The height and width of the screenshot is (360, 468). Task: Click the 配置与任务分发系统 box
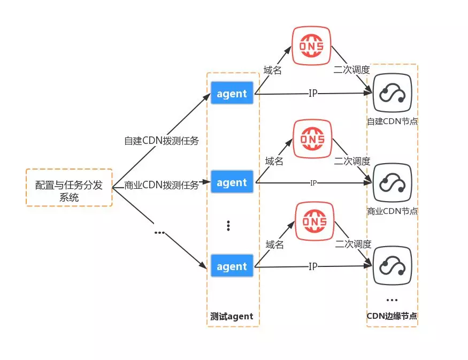(x=69, y=187)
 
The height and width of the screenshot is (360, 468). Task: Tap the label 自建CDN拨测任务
(x=162, y=141)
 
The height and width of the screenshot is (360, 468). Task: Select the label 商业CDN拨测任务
(x=162, y=185)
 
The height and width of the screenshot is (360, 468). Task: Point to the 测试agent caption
(x=232, y=316)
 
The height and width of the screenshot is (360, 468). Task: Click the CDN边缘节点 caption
(x=392, y=316)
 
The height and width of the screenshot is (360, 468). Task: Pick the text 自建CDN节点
(x=392, y=121)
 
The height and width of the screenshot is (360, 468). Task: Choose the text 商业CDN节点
(x=392, y=211)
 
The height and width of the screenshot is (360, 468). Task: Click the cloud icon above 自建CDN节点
(x=392, y=94)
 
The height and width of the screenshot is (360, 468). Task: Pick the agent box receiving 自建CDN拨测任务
(x=232, y=94)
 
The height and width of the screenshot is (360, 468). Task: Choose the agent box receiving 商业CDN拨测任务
(x=232, y=182)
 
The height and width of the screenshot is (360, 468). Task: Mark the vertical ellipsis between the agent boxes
(x=228, y=226)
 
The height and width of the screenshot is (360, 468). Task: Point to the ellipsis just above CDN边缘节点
(x=392, y=300)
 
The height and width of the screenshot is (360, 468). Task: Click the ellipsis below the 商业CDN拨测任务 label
(x=159, y=233)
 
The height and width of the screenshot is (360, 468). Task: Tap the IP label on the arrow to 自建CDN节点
(x=313, y=94)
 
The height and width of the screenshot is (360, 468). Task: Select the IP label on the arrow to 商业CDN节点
(x=313, y=183)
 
